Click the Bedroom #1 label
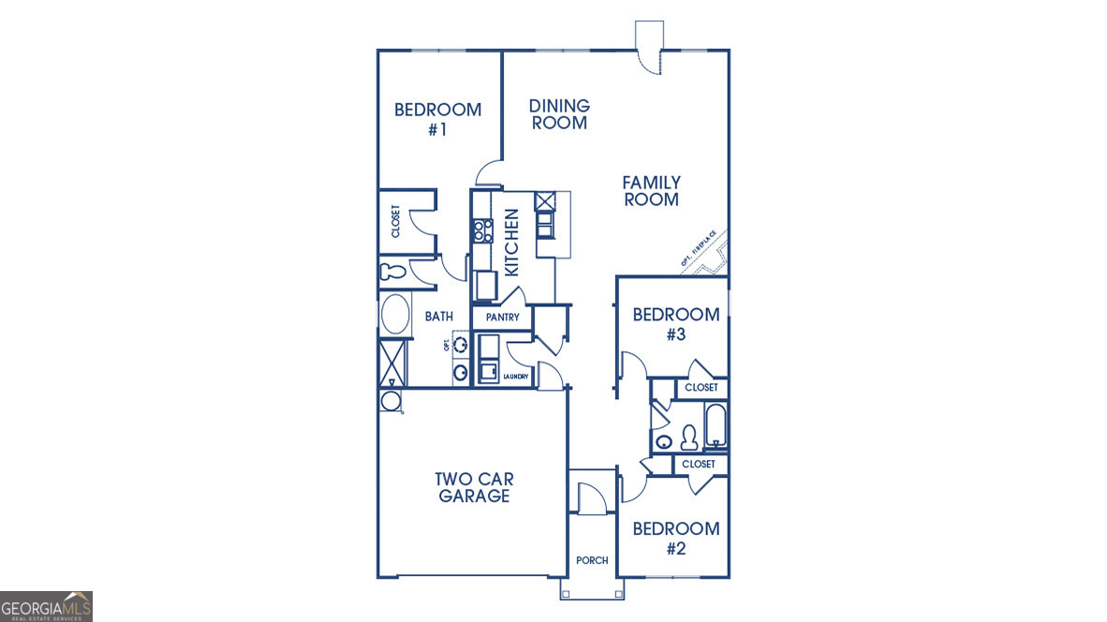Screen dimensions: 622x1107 click(x=437, y=119)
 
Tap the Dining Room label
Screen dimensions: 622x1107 click(x=559, y=114)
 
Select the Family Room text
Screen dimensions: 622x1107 click(x=652, y=190)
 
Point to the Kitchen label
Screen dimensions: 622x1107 click(x=511, y=243)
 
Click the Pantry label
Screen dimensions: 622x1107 click(x=502, y=318)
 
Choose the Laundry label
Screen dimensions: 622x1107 click(x=516, y=377)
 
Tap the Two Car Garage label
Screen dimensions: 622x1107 click(x=474, y=487)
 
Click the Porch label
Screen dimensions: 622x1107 click(x=592, y=560)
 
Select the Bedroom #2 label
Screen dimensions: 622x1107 click(x=676, y=538)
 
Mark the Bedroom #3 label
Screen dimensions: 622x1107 click(x=676, y=323)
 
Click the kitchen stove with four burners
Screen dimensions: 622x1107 click(x=483, y=230)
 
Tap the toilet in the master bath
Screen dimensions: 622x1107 click(x=392, y=273)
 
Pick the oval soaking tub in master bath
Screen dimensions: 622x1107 click(x=394, y=315)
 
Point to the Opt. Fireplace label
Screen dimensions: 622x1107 click(x=699, y=249)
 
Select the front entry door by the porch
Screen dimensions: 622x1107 click(x=591, y=497)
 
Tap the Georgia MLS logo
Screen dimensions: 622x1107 click(x=46, y=606)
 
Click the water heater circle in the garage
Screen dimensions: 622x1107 click(x=390, y=402)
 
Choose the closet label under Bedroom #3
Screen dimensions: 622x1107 click(x=701, y=387)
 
